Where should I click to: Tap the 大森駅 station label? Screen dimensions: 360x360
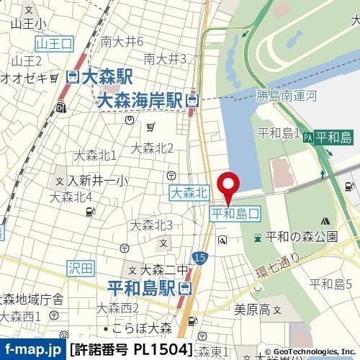[x=102, y=76]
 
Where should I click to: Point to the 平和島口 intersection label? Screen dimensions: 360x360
[x=234, y=214]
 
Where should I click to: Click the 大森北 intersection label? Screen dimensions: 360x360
[x=189, y=192]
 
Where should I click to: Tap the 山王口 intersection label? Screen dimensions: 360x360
[x=55, y=44]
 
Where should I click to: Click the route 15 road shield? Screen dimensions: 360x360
[x=199, y=257]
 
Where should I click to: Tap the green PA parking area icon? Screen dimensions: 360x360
[x=308, y=136]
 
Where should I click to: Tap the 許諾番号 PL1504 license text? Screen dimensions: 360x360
[x=132, y=351]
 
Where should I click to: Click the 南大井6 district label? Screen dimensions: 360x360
[x=122, y=41]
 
